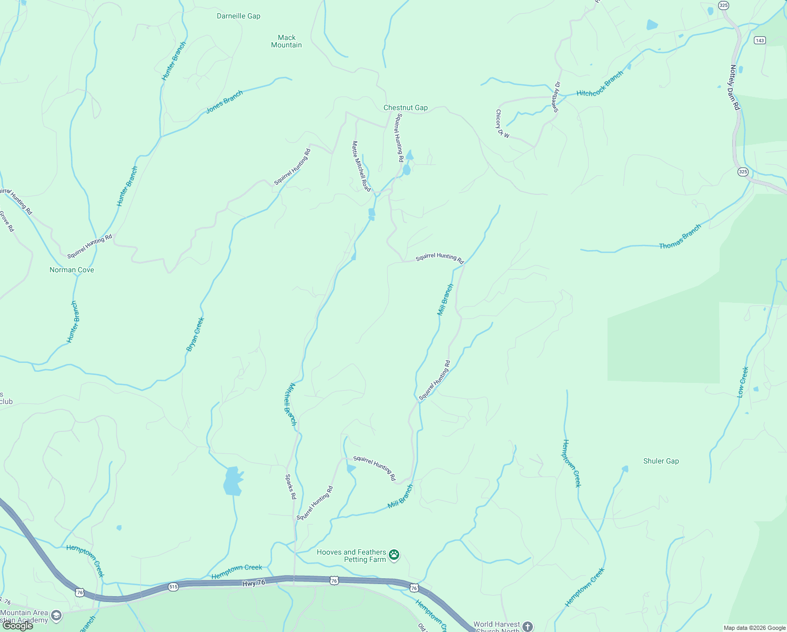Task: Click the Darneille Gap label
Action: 238,16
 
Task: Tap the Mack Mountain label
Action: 286,41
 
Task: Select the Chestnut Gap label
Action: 405,107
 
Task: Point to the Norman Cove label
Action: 72,270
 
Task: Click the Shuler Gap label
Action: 661,461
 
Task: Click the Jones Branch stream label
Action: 224,102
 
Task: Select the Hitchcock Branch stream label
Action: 600,84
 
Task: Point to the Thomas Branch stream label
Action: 680,236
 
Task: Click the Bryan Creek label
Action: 195,334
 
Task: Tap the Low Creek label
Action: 743,382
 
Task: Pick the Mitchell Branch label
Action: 290,404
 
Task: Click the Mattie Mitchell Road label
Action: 361,166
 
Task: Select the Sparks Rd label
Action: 291,487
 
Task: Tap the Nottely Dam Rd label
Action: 735,87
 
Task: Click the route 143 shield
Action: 759,41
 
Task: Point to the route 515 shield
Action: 173,586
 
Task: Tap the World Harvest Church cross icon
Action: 528,626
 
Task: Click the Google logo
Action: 18,625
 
